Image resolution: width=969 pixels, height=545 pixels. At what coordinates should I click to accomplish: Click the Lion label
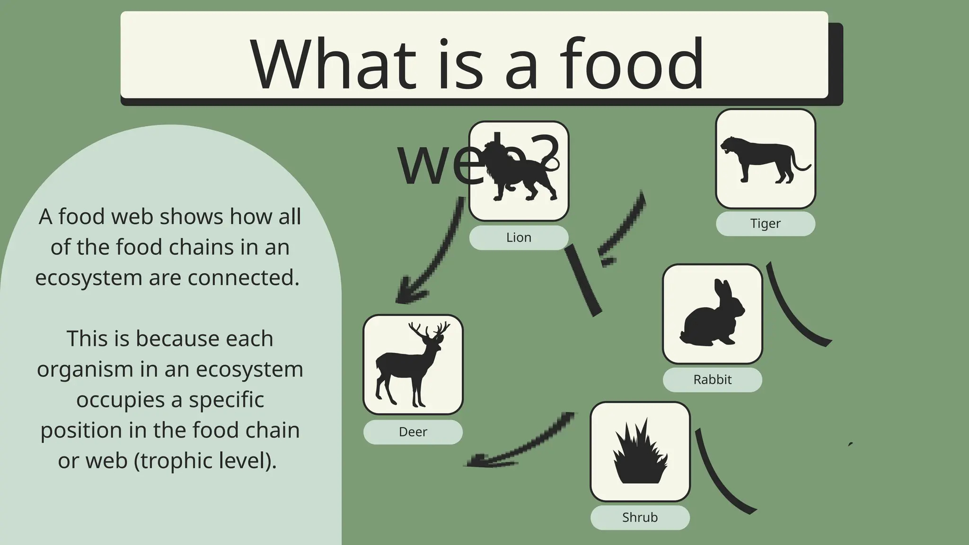pos(519,237)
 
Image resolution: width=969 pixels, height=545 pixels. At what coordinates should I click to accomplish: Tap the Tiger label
pos(765,224)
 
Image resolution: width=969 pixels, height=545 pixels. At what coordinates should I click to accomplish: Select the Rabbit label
pos(712,380)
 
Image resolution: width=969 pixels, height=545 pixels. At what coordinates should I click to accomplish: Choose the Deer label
pos(413,432)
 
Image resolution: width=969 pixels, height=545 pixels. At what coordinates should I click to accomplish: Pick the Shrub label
pos(640,518)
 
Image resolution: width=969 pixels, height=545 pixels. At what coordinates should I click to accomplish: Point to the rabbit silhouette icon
pos(712,315)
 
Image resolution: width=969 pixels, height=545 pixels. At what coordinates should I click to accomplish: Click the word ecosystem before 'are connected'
pos(88,278)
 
